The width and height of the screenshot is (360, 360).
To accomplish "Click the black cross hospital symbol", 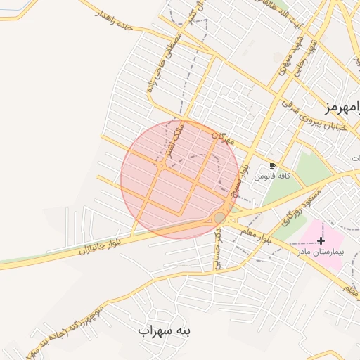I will [321, 240].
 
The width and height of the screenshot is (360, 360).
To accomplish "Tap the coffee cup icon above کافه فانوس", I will [273, 166].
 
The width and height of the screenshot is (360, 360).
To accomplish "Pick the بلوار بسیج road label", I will [244, 169].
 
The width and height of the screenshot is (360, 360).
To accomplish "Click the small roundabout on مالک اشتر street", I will [162, 166].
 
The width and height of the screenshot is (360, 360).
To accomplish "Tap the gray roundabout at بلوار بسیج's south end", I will [220, 218].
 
